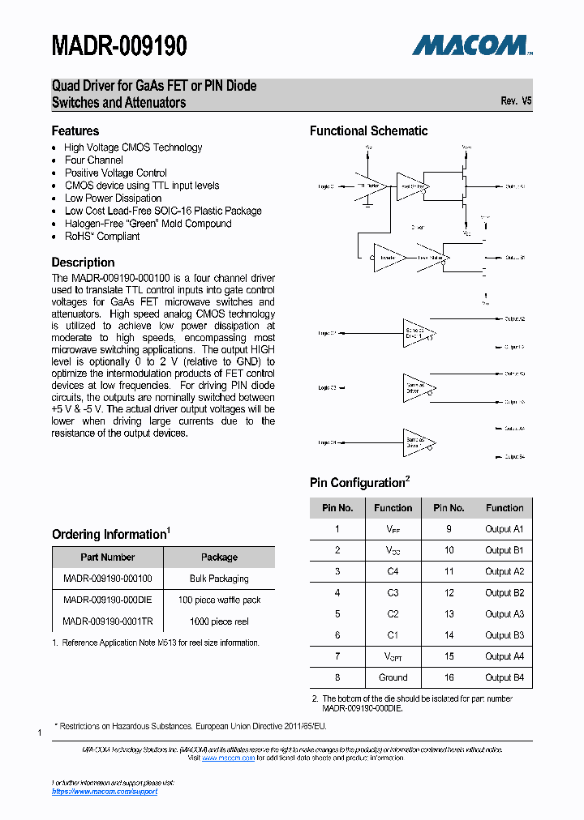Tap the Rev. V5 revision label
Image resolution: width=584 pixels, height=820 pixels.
click(516, 101)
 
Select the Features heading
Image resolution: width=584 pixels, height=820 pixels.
click(75, 130)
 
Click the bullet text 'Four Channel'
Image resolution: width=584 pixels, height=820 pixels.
click(94, 160)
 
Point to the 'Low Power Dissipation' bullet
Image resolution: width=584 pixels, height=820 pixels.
click(114, 199)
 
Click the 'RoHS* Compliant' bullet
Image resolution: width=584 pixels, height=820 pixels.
click(102, 237)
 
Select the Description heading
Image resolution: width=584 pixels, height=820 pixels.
click(83, 263)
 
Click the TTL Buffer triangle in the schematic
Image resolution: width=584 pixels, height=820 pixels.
click(368, 186)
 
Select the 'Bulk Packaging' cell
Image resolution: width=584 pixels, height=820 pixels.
click(219, 579)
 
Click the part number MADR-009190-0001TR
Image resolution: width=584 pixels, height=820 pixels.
click(107, 621)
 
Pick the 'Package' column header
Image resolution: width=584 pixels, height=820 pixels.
click(219, 557)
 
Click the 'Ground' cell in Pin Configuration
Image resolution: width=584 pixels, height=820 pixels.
click(393, 677)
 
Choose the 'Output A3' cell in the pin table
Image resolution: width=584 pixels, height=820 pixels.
click(505, 614)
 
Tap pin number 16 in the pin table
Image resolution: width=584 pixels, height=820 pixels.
click(449, 677)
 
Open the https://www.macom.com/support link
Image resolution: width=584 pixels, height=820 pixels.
click(105, 792)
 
